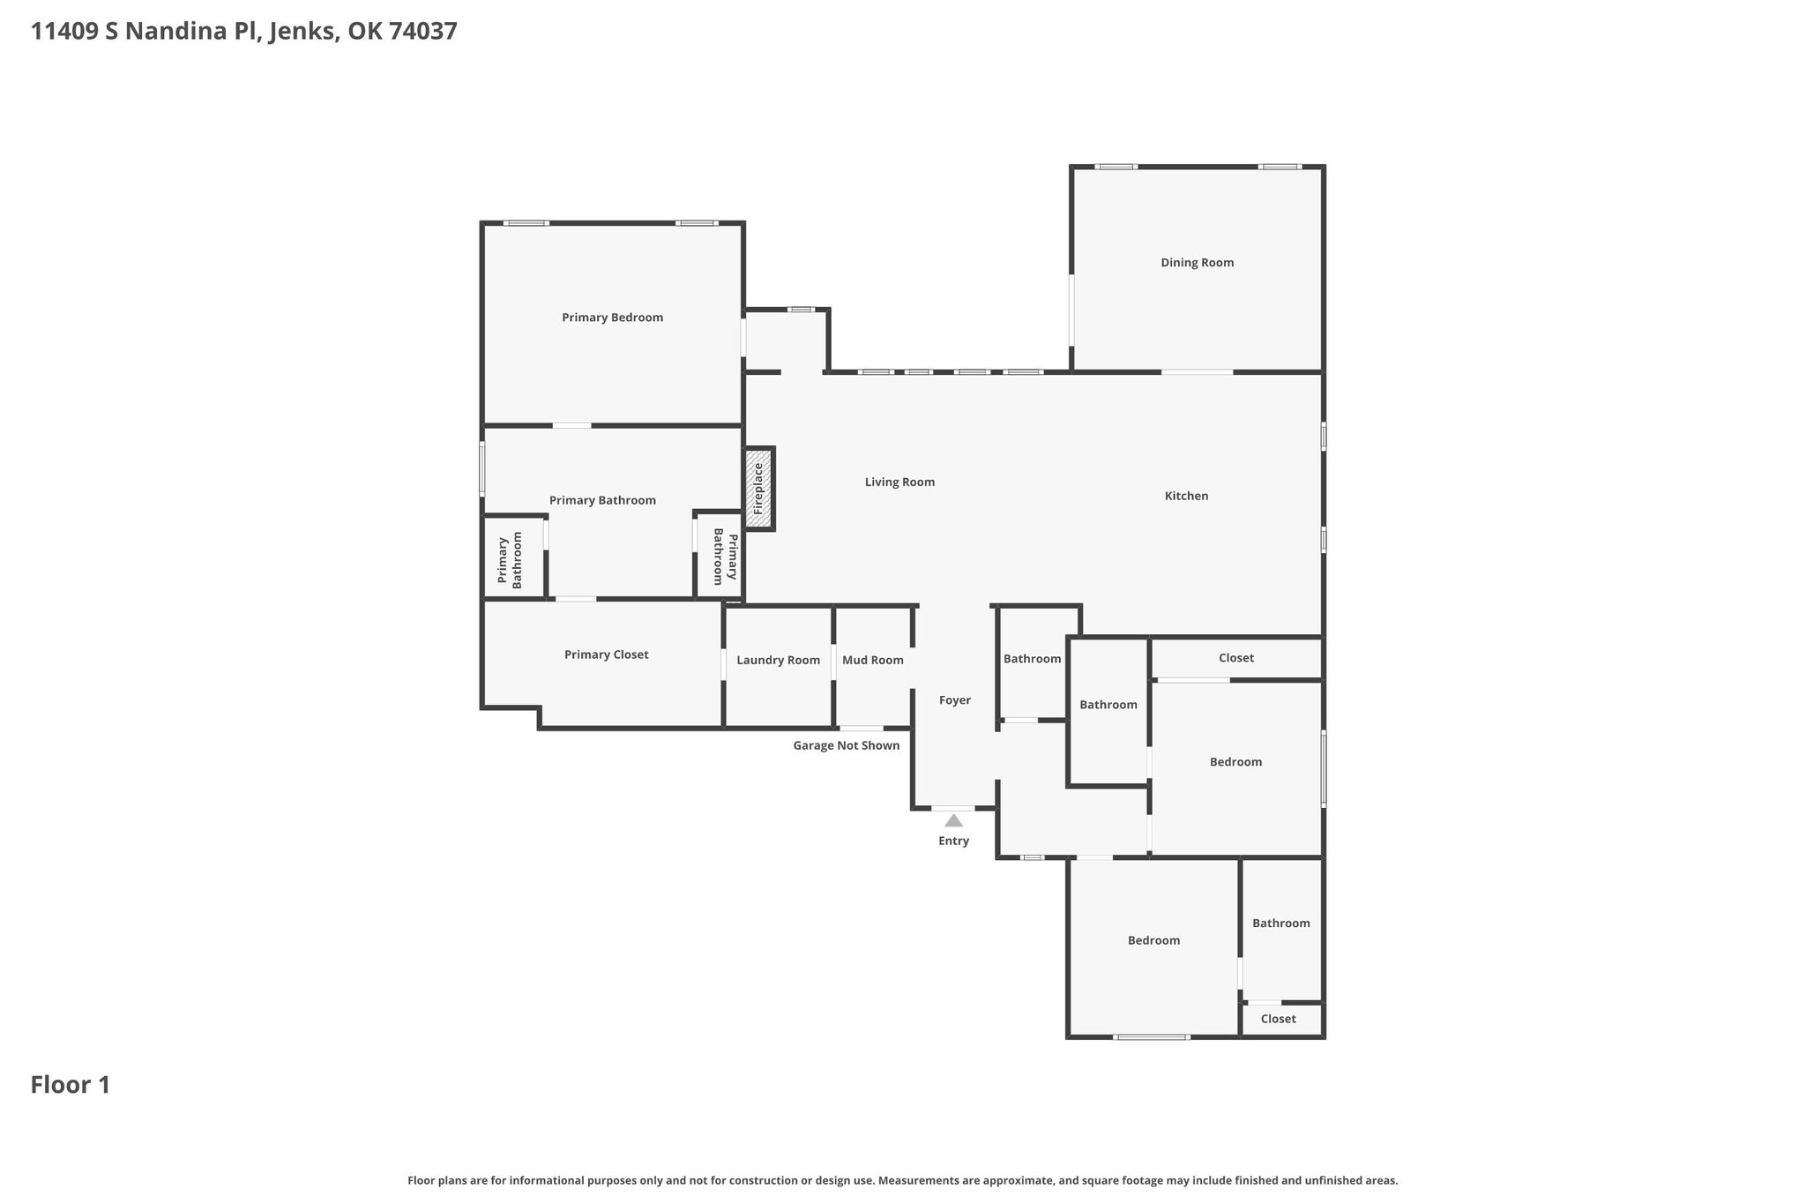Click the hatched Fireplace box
[x=759, y=489]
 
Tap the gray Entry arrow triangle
[x=954, y=820]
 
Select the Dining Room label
[x=1197, y=263]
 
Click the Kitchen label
[x=1186, y=497]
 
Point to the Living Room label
[x=899, y=482]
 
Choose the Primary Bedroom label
[x=612, y=318]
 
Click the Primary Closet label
[x=606, y=654]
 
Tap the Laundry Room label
[x=778, y=661]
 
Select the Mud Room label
[x=872, y=660]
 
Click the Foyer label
[x=954, y=700]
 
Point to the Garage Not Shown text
[x=846, y=746]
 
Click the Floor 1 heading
[x=71, y=1085]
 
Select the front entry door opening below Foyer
[x=953, y=808]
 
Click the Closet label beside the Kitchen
[x=1235, y=658]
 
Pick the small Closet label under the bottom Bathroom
[x=1278, y=1020]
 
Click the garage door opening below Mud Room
[x=861, y=728]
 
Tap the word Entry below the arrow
[x=953, y=841]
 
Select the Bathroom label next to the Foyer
[x=1032, y=659]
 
